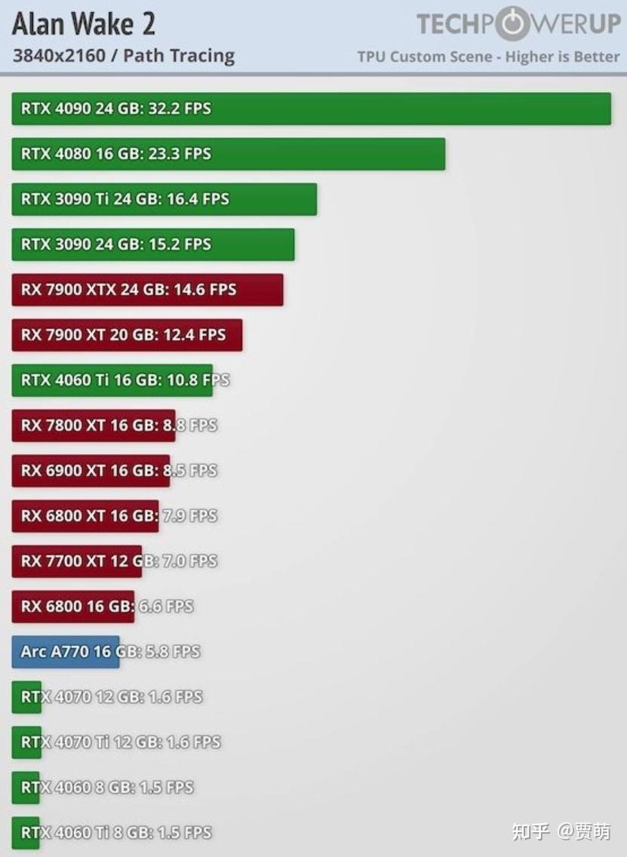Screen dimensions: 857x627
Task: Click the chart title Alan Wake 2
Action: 84,25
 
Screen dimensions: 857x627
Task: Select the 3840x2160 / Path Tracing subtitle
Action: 124,56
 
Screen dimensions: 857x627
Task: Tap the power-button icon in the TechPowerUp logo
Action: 512,23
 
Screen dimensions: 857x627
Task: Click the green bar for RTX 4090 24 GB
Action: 311,109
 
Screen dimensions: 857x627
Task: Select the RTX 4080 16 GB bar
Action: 228,154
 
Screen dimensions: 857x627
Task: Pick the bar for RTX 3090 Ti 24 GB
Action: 164,199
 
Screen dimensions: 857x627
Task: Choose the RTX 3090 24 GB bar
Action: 152,244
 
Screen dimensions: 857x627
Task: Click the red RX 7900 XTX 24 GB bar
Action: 147,290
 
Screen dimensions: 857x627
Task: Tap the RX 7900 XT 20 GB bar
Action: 127,335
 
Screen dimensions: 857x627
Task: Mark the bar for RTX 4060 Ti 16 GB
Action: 112,380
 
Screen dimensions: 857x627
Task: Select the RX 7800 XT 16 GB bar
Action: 93,425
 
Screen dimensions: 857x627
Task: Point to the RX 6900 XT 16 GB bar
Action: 91,471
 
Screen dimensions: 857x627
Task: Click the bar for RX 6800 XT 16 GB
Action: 85,516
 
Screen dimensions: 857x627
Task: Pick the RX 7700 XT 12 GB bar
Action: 76,561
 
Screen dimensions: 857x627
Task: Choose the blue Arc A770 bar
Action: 65,652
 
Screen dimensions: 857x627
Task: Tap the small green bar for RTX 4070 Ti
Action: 26,742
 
